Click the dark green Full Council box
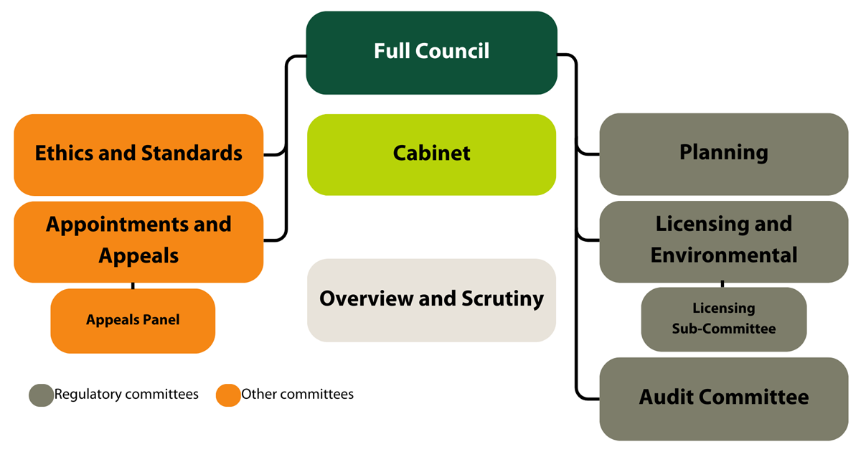431,52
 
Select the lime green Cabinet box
431,154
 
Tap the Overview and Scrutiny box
431,300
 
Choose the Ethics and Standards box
138,154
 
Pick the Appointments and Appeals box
138,241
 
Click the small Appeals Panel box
133,321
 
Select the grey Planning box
723,154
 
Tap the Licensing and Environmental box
723,240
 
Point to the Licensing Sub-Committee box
723,319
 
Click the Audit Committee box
723,398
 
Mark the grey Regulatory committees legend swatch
41,395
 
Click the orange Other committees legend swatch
228,395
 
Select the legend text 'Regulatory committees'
126,395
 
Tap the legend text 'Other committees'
297,395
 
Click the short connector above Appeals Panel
133,286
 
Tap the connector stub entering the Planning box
588,154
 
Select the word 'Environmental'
723,255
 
